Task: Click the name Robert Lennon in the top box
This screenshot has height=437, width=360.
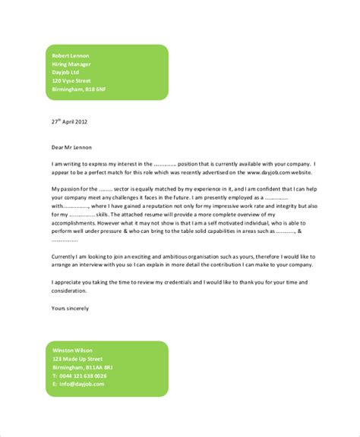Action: [x=71, y=56]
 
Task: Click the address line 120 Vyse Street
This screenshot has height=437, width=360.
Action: [x=71, y=80]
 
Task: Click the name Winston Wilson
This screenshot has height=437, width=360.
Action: [x=72, y=350]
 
